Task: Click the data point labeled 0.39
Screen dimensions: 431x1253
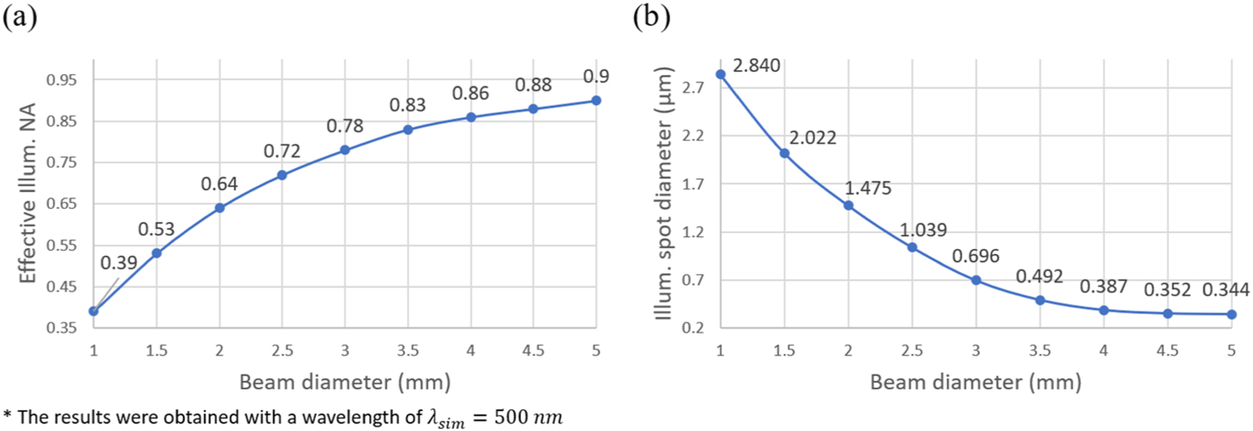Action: pos(93,311)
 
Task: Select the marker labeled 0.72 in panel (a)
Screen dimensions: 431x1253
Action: pos(282,175)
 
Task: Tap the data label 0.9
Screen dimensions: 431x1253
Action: pos(596,76)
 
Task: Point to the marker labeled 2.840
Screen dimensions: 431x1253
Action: pos(720,74)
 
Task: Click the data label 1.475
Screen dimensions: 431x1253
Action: pos(868,188)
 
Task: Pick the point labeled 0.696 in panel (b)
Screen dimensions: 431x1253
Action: pos(976,280)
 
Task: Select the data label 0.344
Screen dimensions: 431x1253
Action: pos(1225,290)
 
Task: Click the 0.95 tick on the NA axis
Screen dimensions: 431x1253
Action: pos(61,79)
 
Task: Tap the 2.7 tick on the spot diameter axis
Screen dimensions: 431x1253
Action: pos(693,88)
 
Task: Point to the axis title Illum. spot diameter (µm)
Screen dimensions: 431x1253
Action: pos(664,194)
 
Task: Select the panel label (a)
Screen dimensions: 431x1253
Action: pos(20,17)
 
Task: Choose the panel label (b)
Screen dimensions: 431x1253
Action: pos(651,17)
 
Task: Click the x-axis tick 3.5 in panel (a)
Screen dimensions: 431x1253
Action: pos(408,351)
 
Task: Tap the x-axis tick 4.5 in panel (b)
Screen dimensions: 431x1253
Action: pos(1167,351)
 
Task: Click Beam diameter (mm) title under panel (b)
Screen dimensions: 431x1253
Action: pos(975,381)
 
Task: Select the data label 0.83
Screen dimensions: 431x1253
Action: pos(407,105)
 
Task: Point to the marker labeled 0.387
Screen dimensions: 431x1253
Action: pos(1104,310)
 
